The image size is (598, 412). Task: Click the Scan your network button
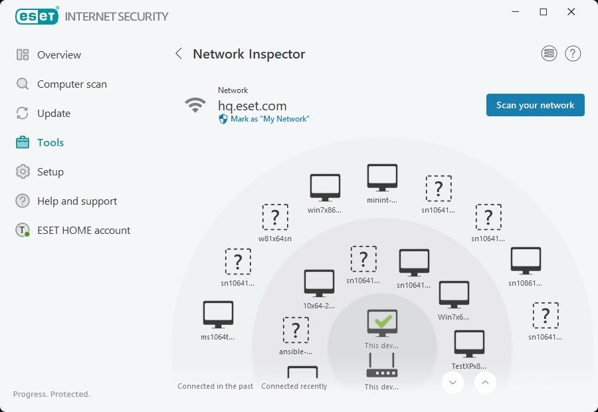pos(535,105)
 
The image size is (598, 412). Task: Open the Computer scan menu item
pos(72,84)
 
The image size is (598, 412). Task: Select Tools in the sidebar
pos(50,143)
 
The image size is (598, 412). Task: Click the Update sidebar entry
pos(53,114)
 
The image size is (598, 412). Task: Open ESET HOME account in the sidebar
pos(84,231)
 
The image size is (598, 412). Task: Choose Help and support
pos(77,201)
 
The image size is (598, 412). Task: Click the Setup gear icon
pos(23,172)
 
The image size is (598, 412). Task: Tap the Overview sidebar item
pos(59,55)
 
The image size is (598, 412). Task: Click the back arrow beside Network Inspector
pos(178,54)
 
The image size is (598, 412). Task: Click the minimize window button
pos(516,12)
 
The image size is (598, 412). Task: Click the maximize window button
pos(544,12)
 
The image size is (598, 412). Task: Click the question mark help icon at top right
pos(573,54)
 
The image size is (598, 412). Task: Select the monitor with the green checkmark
pos(382,322)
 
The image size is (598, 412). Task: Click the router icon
pos(382,365)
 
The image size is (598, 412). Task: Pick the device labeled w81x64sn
pos(275,217)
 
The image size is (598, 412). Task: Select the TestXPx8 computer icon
pos(469,344)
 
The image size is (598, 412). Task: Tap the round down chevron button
pos(452,382)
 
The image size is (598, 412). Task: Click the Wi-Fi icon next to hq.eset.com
pos(195,105)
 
